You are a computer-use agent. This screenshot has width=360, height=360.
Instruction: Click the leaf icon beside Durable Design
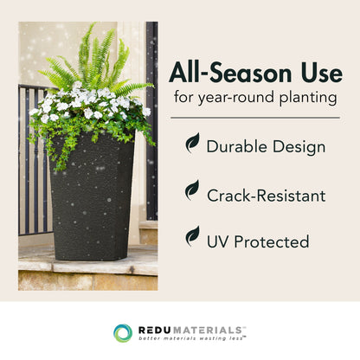pyautogui.click(x=191, y=143)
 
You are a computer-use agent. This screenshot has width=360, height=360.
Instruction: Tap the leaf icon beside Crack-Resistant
pyautogui.click(x=191, y=190)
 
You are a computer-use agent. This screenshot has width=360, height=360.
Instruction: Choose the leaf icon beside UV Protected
pyautogui.click(x=191, y=235)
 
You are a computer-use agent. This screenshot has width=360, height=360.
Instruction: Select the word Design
pyautogui.click(x=297, y=145)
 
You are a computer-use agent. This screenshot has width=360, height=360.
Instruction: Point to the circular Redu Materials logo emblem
pyautogui.click(x=123, y=333)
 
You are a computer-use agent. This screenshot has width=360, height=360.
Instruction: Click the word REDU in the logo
pyautogui.click(x=154, y=330)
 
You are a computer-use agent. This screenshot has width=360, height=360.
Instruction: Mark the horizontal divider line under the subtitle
pyautogui.click(x=254, y=117)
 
